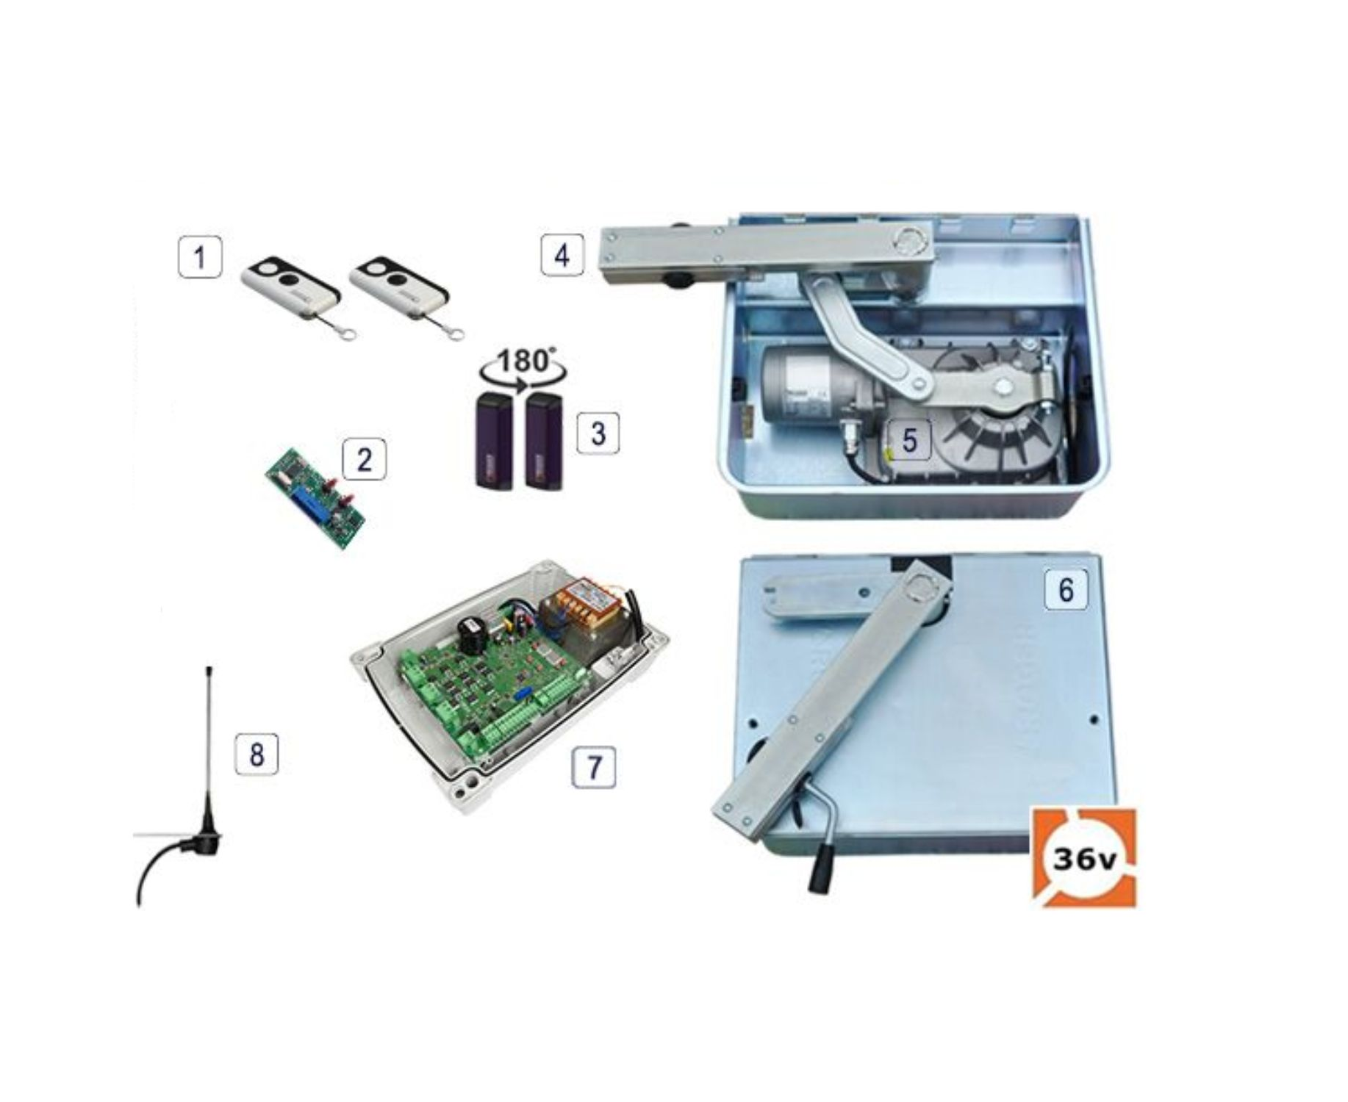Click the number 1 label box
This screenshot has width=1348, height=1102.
200,257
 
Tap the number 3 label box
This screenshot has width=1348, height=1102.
598,433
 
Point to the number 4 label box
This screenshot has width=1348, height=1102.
562,255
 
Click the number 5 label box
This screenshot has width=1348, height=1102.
910,440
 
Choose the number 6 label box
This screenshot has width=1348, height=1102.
1066,589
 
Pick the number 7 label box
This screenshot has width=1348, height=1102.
594,768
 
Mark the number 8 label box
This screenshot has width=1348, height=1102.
257,754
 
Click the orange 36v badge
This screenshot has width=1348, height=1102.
1084,858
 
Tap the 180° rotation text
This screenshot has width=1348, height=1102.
524,361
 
